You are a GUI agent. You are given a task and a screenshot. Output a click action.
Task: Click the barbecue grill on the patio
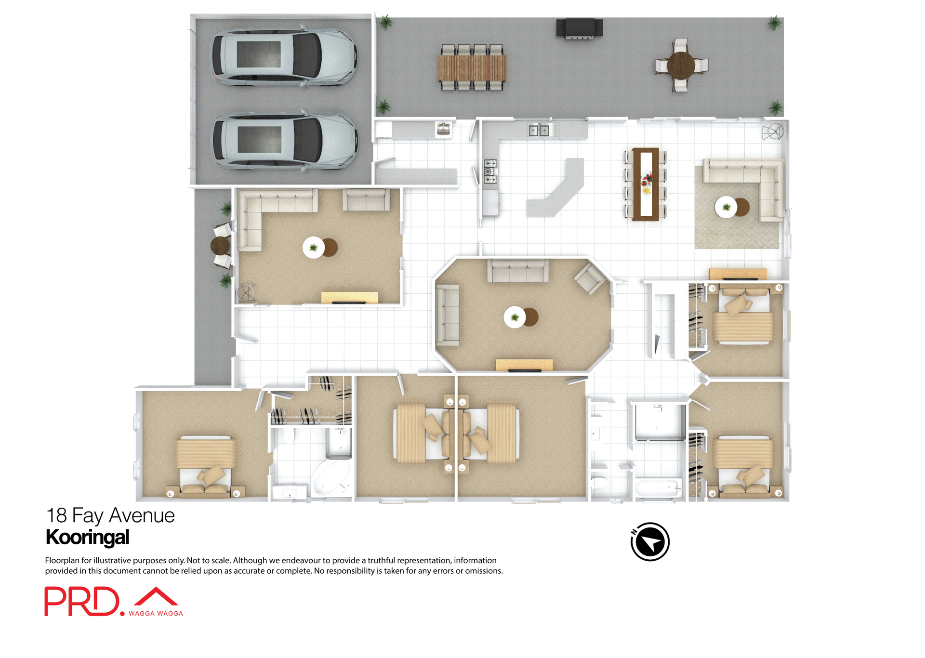click(x=579, y=28)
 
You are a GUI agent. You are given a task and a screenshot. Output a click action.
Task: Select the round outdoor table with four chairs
click(x=681, y=66)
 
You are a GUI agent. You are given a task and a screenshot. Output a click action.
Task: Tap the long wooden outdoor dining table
click(x=472, y=68)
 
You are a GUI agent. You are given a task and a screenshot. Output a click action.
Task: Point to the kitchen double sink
click(x=538, y=130)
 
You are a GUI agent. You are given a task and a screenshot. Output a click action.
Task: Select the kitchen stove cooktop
click(x=490, y=171)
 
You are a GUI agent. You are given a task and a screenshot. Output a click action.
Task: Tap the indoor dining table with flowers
click(x=646, y=184)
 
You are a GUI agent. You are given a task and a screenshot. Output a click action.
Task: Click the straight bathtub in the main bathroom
click(x=658, y=488)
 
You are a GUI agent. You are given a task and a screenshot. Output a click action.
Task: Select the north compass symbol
click(x=650, y=541)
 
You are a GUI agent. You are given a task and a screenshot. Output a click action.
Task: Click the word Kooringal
click(x=87, y=537)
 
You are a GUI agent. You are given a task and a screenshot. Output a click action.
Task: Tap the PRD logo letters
click(x=82, y=601)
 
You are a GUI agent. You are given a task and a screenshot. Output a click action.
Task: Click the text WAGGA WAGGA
click(x=156, y=613)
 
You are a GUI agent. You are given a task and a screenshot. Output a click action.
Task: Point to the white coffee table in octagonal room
click(x=515, y=317)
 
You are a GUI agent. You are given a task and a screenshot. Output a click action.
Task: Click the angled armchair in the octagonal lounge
click(x=590, y=279)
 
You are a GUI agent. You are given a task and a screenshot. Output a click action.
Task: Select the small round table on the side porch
click(x=220, y=246)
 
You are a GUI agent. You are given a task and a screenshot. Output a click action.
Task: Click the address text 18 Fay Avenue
click(x=110, y=515)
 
